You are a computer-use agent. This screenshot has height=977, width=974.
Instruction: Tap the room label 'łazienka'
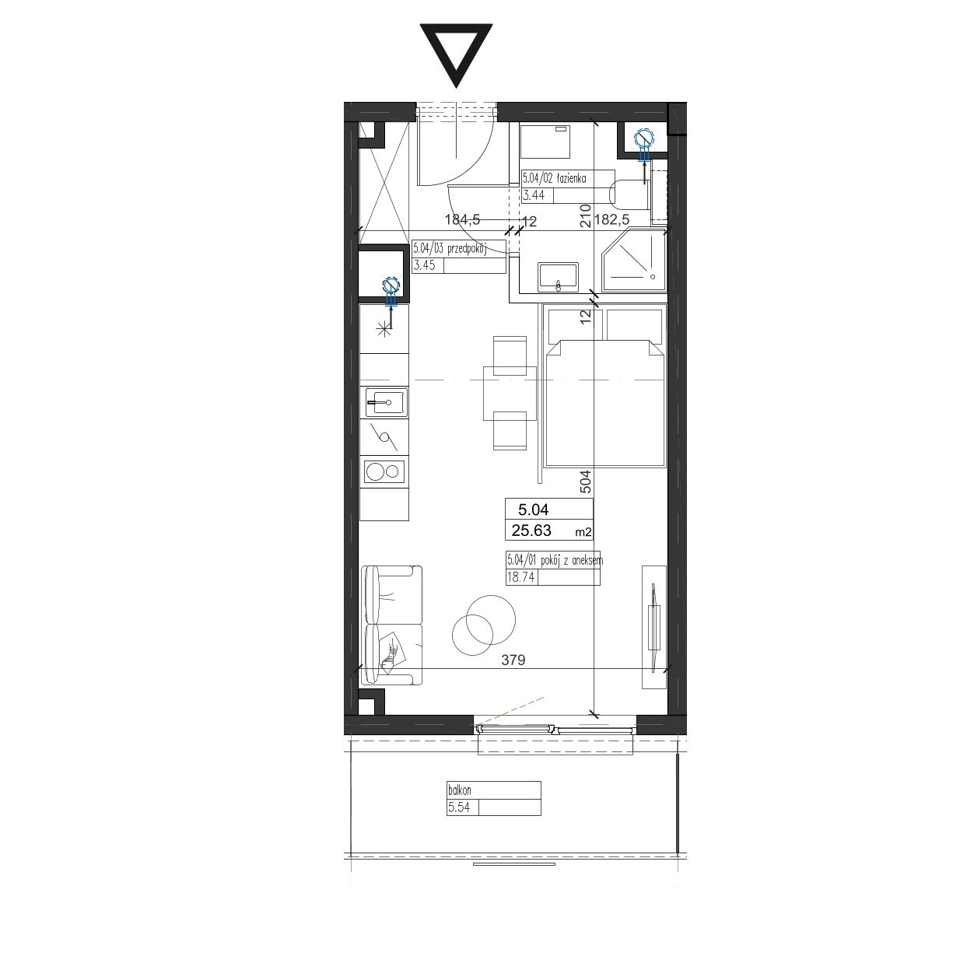[x=571, y=178]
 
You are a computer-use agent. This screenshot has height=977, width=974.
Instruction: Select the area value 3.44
[x=534, y=195]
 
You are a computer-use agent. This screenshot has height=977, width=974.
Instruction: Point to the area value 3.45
[x=425, y=265]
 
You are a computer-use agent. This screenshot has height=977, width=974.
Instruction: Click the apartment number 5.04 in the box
[x=533, y=509]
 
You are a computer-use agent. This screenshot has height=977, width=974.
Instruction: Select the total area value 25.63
[x=531, y=531]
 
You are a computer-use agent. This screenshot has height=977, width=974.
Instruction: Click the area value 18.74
[x=521, y=577]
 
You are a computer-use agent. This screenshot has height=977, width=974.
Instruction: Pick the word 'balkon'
[x=459, y=790]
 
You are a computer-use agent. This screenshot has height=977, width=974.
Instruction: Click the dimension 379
[x=513, y=660]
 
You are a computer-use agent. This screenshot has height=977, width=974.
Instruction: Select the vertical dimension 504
[x=586, y=481]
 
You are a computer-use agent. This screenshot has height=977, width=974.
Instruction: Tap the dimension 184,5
[x=462, y=219]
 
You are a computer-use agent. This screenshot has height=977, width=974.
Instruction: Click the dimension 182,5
[x=611, y=219]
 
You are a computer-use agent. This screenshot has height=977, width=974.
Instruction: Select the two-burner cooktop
[x=384, y=472]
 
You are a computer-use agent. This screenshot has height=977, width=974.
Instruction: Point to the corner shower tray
[x=633, y=261]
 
